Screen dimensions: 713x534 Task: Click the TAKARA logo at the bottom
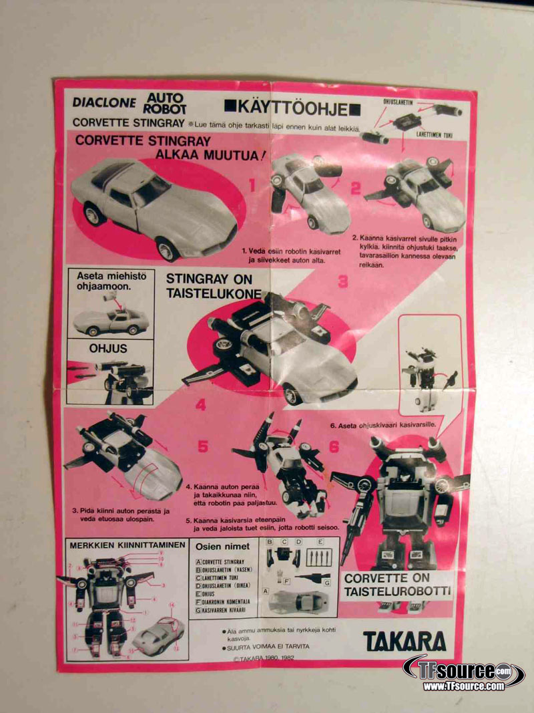pos(404,641)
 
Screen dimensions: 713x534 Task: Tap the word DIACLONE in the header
pos(104,103)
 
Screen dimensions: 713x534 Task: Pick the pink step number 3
pos(342,281)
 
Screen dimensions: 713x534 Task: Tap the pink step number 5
pos(203,446)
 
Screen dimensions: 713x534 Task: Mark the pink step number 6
pos(334,446)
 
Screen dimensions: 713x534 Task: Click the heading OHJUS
pos(108,348)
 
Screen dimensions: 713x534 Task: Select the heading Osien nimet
pos(222,546)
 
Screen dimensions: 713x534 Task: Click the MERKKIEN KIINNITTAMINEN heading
pos(127,545)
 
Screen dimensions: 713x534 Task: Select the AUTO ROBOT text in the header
pos(164,102)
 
